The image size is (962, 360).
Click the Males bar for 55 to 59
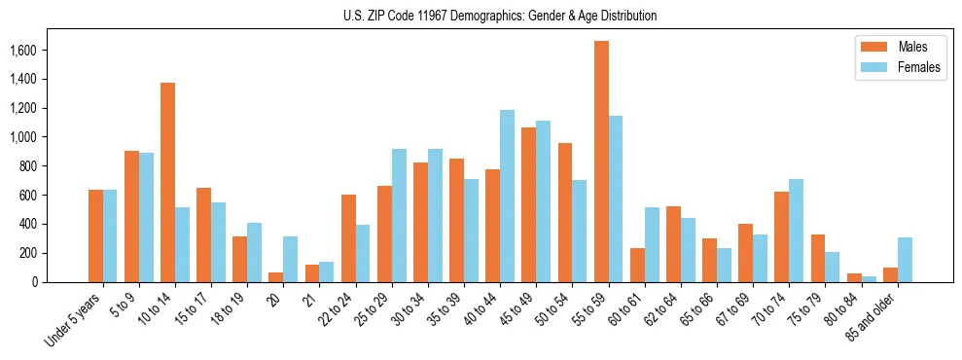point(601,162)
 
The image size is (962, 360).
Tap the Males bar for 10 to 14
point(167,182)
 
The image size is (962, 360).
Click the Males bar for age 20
point(276,277)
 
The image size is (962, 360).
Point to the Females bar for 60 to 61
point(652,244)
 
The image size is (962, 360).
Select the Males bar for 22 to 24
point(348,238)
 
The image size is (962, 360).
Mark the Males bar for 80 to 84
point(854,277)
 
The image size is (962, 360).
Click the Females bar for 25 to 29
point(399,215)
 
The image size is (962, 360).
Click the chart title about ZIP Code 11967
point(500,16)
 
